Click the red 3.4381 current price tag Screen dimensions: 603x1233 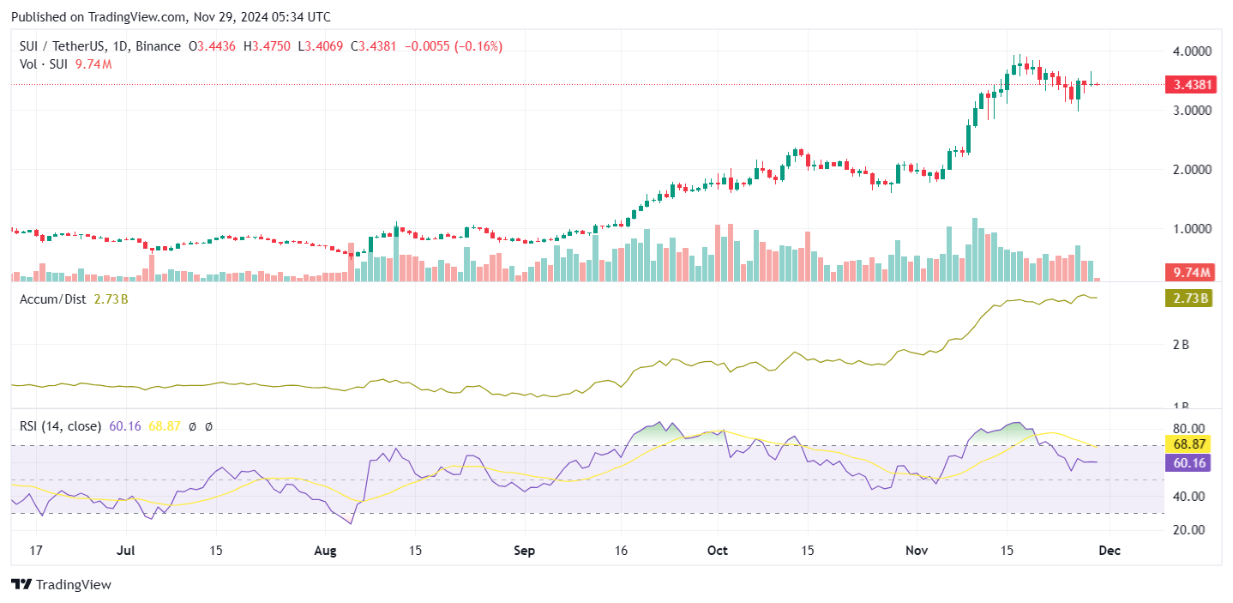[x=1188, y=85]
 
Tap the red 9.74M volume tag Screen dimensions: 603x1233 [x=1188, y=273]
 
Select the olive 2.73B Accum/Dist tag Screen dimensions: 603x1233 [x=1188, y=298]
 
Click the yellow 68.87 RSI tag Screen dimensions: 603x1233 [x=1188, y=444]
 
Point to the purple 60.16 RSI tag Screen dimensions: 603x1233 [x=1188, y=462]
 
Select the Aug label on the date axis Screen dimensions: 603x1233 [x=326, y=550]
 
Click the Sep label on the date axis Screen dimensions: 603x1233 [x=524, y=550]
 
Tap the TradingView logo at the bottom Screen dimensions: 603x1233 [x=61, y=585]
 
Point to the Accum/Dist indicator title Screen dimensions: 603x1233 [x=51, y=299]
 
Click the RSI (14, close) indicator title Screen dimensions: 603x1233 [x=60, y=425]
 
